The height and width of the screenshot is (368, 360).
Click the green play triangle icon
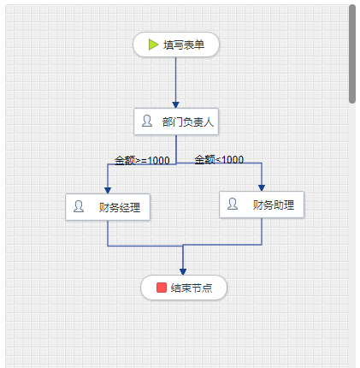tap(153, 45)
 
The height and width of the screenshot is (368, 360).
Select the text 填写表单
tap(184, 45)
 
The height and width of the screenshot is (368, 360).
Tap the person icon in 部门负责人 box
tap(147, 121)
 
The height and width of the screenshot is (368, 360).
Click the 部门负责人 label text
tap(188, 122)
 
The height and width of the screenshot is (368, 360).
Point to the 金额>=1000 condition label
tap(142, 160)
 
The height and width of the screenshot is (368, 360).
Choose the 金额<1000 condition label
tap(219, 159)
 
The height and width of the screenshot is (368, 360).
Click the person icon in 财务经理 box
tap(79, 206)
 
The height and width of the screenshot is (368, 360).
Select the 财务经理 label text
tap(120, 207)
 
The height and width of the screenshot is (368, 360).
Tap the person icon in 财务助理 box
tap(233, 204)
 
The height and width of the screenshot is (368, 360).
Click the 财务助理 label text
tap(274, 205)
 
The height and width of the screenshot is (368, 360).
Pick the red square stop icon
tap(162, 288)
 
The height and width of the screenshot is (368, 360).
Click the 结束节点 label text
tap(192, 288)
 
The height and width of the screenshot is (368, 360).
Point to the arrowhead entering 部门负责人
tap(176, 104)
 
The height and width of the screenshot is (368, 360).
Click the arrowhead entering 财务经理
tap(108, 191)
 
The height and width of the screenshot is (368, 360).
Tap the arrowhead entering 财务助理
tap(262, 188)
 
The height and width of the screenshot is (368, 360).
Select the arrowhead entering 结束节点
tap(183, 272)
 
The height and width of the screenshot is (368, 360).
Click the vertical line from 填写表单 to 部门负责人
tap(176, 80)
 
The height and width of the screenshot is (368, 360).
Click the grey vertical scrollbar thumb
tap(352, 54)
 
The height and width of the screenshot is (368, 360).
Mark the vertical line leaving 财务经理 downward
tap(108, 233)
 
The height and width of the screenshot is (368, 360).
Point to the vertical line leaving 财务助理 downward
tap(262, 231)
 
